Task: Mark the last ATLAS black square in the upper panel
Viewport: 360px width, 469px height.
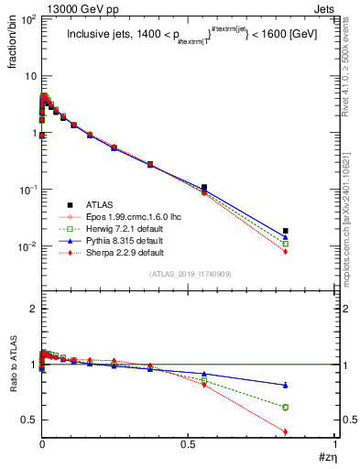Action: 286,231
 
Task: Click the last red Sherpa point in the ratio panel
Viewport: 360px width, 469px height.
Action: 286,431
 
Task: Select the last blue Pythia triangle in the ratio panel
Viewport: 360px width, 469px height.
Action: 286,385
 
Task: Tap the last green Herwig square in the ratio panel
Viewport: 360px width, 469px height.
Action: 286,407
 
